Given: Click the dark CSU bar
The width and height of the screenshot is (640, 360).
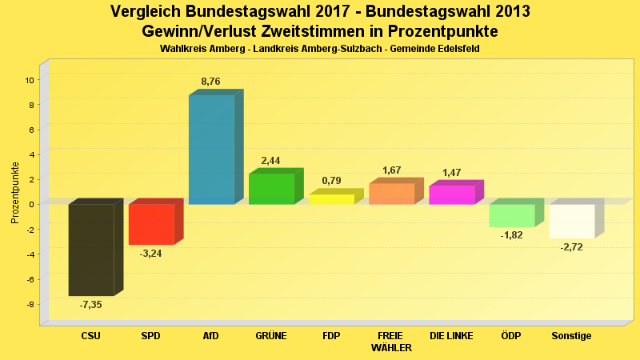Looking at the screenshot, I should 90,250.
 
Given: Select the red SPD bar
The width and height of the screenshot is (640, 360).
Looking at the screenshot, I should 151,224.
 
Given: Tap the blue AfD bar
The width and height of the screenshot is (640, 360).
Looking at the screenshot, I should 211,150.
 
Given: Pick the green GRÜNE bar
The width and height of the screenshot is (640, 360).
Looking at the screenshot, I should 271,189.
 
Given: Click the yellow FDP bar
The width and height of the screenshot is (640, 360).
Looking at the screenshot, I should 331,199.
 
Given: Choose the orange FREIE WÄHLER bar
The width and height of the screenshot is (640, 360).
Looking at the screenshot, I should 391,194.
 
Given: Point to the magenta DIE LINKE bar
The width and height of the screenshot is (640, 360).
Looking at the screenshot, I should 452,194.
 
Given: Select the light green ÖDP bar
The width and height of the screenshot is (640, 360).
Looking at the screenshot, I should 512,215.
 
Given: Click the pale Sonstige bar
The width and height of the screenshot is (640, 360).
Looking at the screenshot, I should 572,221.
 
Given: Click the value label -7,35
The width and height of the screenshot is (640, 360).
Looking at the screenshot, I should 90,305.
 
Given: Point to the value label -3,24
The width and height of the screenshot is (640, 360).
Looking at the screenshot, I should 151,254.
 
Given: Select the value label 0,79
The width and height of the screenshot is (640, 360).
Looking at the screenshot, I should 331,181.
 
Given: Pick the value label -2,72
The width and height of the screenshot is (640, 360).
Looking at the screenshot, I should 572,247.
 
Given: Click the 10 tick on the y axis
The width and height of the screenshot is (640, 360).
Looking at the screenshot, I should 29,80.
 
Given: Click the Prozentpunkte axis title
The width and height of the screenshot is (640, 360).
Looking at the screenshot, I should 15,192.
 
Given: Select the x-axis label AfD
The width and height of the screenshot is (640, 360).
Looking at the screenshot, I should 211,336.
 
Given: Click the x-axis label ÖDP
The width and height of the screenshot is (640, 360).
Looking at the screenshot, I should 511,336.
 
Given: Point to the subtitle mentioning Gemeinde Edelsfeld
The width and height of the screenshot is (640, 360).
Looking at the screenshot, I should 319,50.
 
